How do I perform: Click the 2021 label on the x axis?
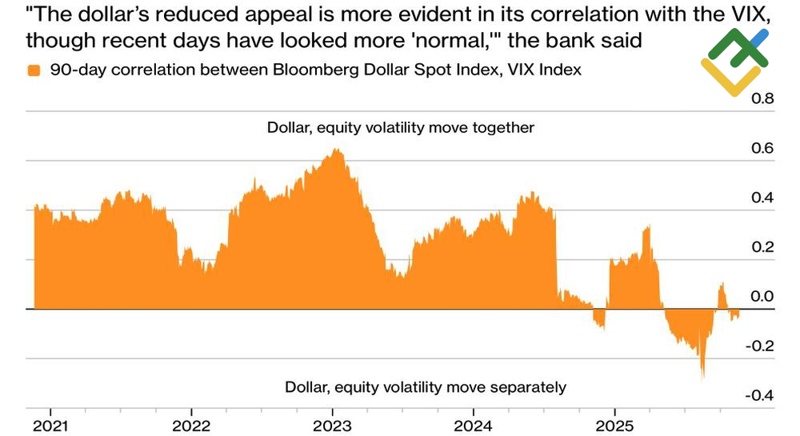(50, 424)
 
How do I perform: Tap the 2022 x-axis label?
(190, 424)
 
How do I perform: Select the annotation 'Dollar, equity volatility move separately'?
(426, 388)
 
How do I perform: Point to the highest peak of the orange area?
(338, 150)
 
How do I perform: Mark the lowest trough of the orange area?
(702, 377)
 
